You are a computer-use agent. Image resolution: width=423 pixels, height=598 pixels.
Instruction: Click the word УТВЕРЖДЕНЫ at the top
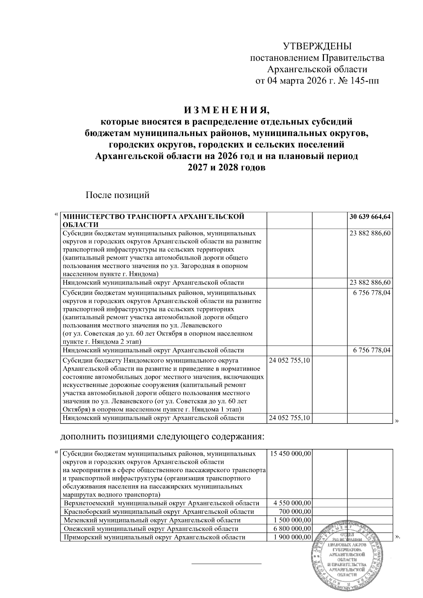pyautogui.click(x=318, y=46)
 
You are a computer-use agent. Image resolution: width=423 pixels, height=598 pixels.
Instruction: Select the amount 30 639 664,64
pyautogui.click(x=370, y=217)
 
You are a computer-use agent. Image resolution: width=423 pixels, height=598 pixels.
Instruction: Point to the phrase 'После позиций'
pyautogui.click(x=118, y=195)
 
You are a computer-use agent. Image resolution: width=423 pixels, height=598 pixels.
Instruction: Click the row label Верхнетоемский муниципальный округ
pyautogui.click(x=162, y=503)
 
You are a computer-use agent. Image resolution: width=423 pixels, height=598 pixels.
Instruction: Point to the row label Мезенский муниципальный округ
pyautogui.click(x=152, y=520)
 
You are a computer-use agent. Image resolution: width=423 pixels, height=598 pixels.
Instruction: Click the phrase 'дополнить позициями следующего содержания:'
pyautogui.click(x=163, y=437)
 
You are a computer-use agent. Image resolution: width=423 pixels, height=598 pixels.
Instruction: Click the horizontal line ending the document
pyautogui.click(x=226, y=564)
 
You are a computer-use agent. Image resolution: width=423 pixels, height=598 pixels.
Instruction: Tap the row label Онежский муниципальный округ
pyautogui.click(x=151, y=529)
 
